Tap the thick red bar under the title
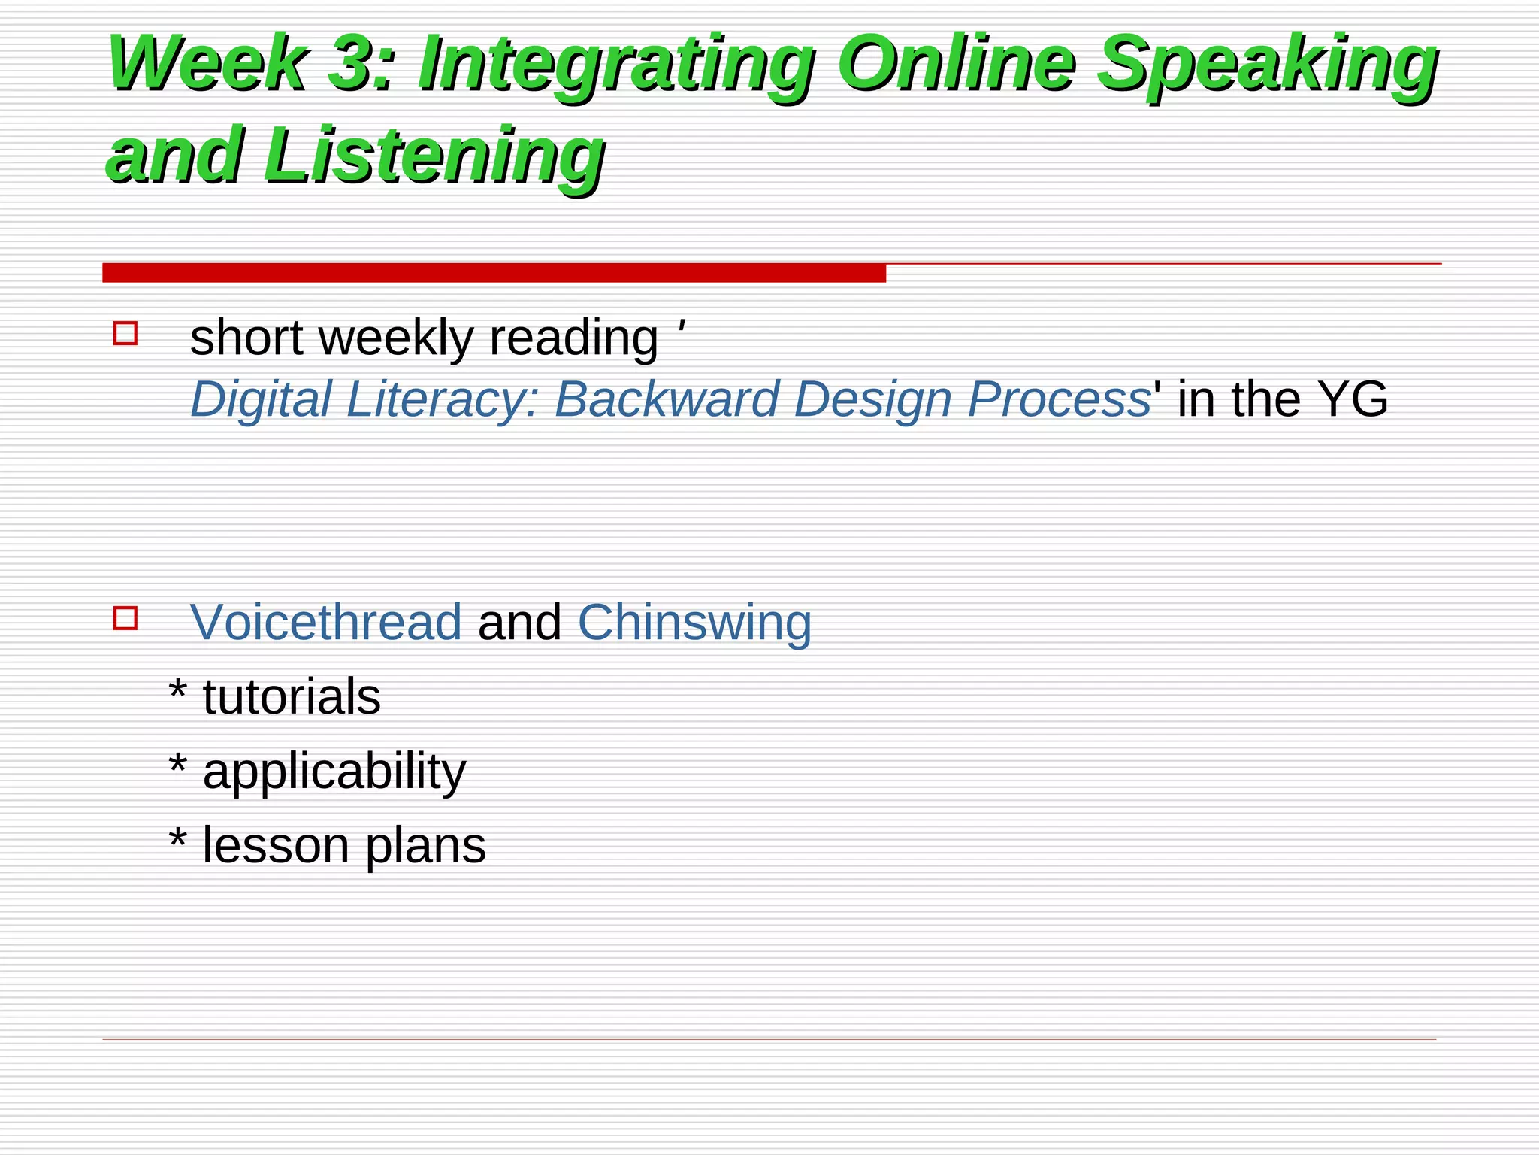[494, 273]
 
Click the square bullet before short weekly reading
[125, 333]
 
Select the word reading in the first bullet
[574, 338]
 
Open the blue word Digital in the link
[261, 399]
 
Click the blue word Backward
[666, 399]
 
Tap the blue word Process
[1059, 399]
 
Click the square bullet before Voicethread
[125, 618]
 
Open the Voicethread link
[326, 623]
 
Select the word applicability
[334, 772]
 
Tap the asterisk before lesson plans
[178, 838]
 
